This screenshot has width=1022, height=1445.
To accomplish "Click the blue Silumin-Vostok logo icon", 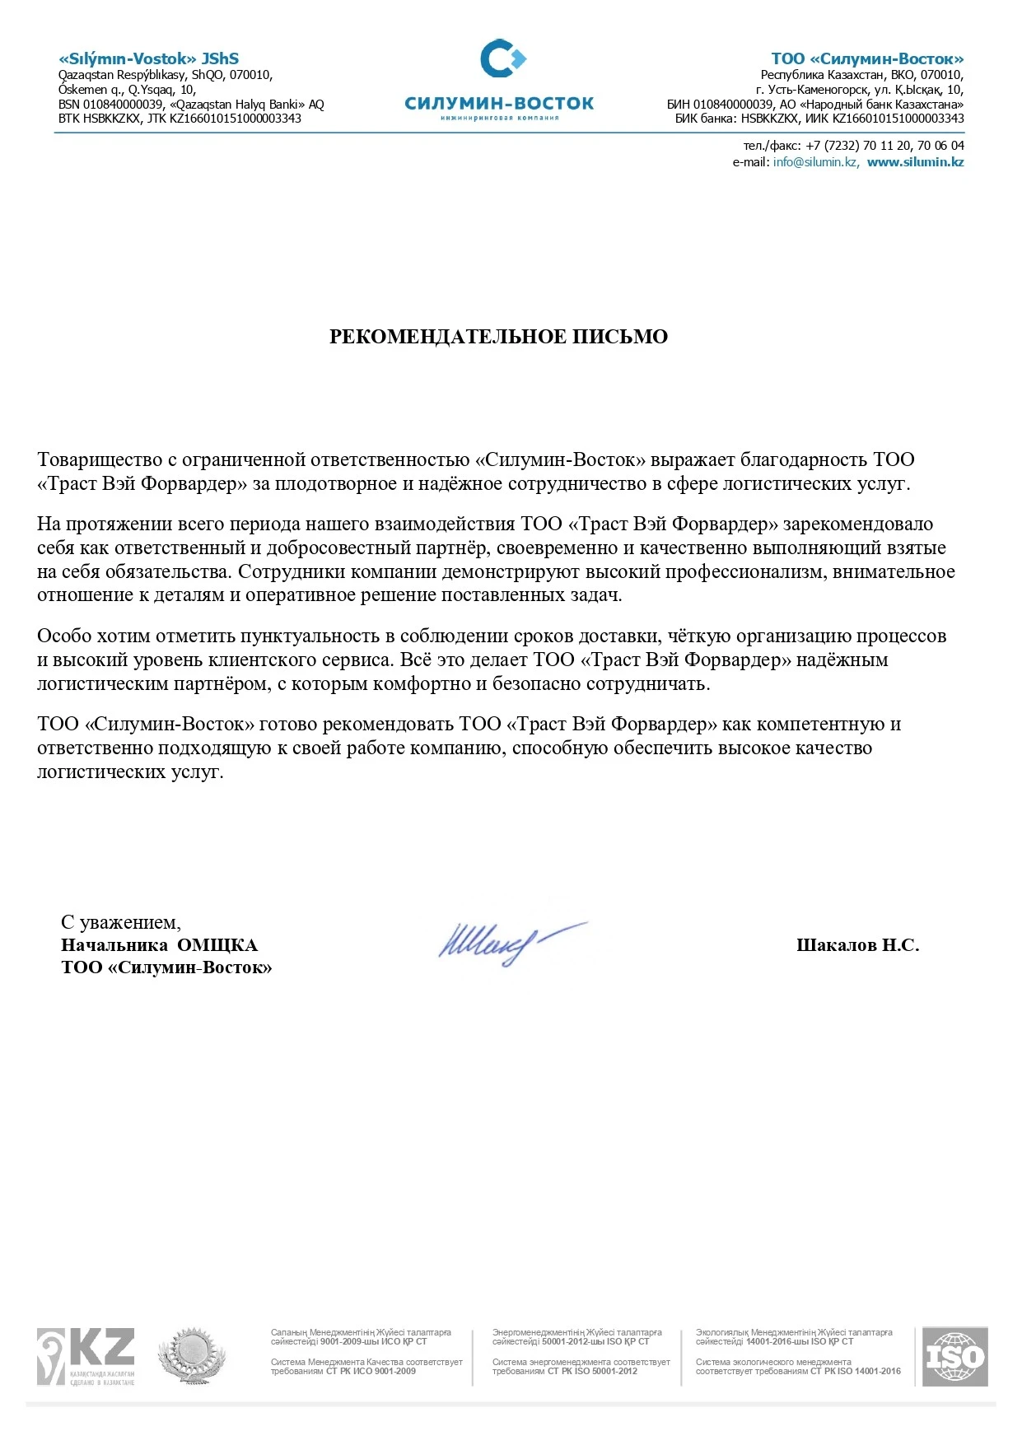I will point(502,58).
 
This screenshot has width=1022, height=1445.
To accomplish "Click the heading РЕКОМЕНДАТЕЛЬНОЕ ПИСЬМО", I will point(498,337).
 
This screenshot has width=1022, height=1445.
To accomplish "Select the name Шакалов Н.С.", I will point(857,945).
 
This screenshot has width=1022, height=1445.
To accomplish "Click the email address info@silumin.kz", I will point(815,162).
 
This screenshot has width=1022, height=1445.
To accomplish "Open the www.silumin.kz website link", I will point(915,162).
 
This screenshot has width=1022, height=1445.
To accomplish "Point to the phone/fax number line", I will point(853,146).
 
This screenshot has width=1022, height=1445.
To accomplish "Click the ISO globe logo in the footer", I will point(954,1356).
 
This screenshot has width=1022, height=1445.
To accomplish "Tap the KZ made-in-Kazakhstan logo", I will point(86,1356).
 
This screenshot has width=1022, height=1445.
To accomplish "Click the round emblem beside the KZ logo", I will point(192,1354).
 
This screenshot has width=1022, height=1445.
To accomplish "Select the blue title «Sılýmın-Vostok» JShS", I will point(148,58).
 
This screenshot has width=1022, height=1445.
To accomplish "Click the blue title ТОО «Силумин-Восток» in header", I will point(867,58).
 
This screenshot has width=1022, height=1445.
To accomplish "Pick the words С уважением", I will point(120,922).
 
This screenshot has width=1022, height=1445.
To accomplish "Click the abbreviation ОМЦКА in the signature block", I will point(217,945).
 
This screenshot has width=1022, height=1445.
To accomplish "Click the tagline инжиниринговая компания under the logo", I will point(499,118).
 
